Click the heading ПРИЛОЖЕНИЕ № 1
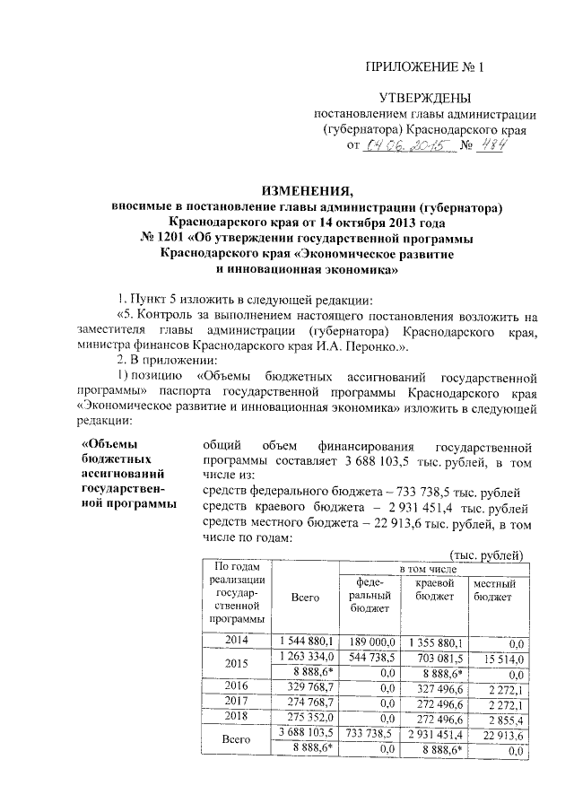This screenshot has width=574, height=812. (x=428, y=67)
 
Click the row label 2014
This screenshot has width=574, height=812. (x=237, y=641)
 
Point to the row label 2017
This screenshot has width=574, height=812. (x=237, y=701)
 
